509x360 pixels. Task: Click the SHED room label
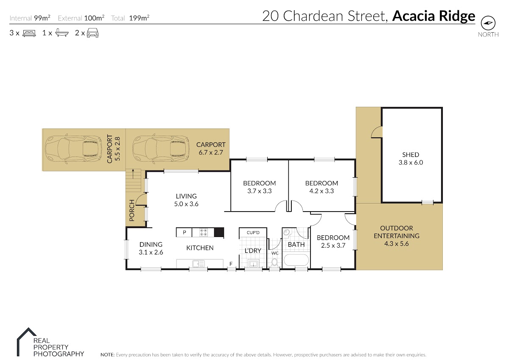(411, 155)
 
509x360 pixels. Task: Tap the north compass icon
(488, 23)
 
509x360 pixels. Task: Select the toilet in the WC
(274, 263)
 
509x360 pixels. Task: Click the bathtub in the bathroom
(296, 260)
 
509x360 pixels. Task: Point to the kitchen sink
(199, 264)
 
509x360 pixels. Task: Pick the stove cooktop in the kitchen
(203, 232)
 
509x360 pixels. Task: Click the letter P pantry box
(184, 232)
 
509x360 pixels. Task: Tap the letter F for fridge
(231, 264)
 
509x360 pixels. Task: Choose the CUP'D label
(253, 233)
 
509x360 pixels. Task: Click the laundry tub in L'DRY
(253, 264)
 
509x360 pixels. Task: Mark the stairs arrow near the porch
(133, 173)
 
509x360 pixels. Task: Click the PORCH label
(132, 210)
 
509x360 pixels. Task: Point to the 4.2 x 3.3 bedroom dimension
(322, 191)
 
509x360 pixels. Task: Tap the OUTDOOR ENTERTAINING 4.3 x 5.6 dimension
(396, 244)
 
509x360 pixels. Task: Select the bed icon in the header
(29, 33)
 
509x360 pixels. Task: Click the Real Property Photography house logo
(26, 342)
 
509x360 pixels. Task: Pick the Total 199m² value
(139, 18)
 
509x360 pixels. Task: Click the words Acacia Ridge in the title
(433, 16)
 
